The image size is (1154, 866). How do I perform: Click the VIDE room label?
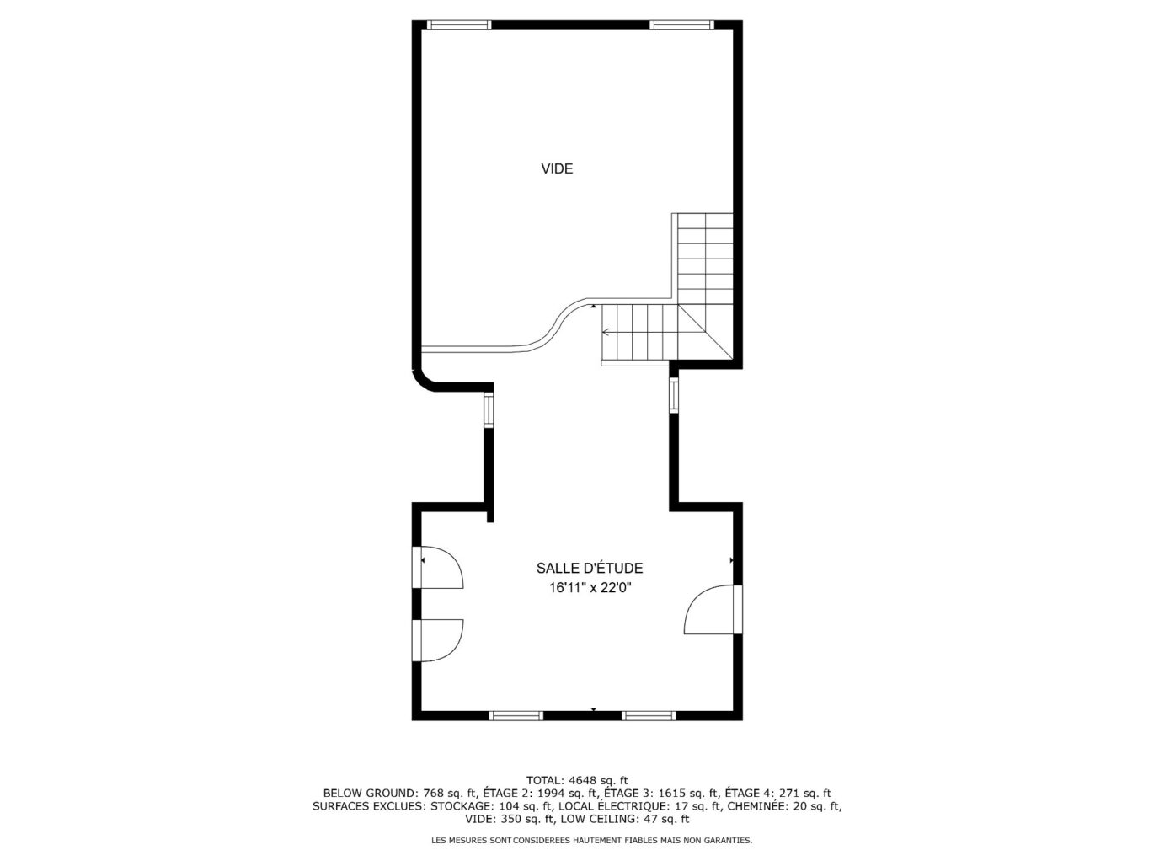coord(557,168)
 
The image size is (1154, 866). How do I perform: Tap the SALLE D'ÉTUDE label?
coord(590,569)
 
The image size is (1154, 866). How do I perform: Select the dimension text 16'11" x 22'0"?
coord(590,588)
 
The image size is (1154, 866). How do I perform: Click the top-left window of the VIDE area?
coord(459,25)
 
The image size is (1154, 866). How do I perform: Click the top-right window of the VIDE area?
coord(682,25)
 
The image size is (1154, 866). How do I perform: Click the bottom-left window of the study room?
coord(516,716)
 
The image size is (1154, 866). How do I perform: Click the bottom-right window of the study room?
coord(649,716)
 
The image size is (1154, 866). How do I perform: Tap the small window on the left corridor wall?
coord(489,411)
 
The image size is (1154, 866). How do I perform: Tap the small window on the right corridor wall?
coord(674,396)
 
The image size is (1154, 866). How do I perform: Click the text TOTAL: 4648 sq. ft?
coord(577,780)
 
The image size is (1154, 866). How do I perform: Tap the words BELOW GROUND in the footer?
coord(369,793)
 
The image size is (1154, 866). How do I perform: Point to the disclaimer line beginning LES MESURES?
coord(591,840)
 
